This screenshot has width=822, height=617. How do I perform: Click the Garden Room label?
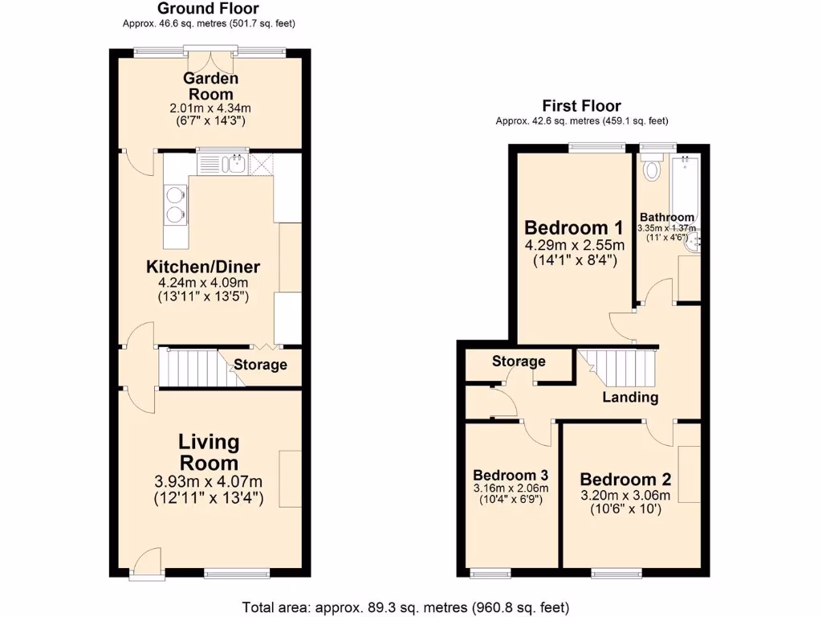[210, 86]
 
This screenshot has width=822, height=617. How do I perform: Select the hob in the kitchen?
[175, 203]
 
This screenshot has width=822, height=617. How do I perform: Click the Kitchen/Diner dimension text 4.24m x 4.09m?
[202, 283]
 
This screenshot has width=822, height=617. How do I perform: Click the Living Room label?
[208, 452]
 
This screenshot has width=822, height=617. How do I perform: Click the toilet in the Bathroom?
[651, 168]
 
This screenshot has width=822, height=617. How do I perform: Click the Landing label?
[630, 397]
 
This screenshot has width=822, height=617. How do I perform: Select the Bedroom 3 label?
[511, 474]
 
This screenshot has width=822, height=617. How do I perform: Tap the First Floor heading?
[581, 106]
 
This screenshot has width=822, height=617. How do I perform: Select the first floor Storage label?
[519, 362]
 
